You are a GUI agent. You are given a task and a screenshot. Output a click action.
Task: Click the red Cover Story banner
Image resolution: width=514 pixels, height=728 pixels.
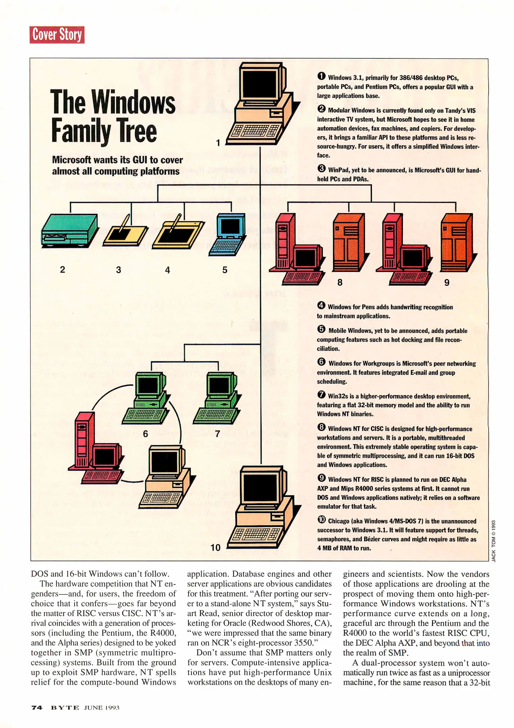(x=57, y=35)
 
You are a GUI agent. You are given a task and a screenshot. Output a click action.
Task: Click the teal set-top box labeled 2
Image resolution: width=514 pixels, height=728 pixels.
(x=69, y=231)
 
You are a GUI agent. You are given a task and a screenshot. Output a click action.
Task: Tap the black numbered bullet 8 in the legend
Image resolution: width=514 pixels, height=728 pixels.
(x=321, y=427)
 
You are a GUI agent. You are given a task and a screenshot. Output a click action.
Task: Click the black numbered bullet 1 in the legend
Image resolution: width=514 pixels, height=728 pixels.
(x=321, y=76)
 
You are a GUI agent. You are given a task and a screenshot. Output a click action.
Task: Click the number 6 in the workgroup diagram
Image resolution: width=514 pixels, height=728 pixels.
(x=145, y=434)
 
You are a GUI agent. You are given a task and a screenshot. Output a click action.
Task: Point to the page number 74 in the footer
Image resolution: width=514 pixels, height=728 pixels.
(x=37, y=707)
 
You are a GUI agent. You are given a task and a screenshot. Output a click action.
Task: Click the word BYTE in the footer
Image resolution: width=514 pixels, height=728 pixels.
(x=65, y=707)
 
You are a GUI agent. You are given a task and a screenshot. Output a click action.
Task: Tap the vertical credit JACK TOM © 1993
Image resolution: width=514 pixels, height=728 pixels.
(x=493, y=541)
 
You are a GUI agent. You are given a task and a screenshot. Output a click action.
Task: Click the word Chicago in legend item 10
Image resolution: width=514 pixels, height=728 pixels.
(x=338, y=521)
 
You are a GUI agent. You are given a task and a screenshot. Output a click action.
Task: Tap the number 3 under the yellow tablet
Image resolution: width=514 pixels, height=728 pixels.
(x=118, y=270)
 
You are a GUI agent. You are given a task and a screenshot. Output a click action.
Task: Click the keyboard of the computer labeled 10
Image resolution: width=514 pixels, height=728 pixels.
(x=256, y=534)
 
